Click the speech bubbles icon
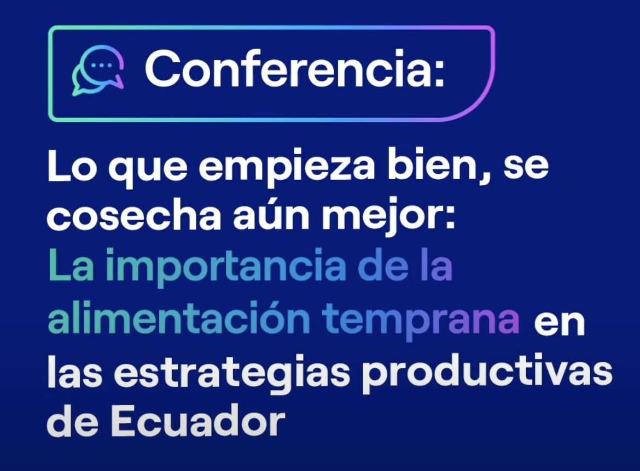tap(98, 70)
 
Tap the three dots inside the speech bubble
tap(101, 65)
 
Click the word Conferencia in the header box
tap(295, 70)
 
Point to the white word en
tap(559, 323)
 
